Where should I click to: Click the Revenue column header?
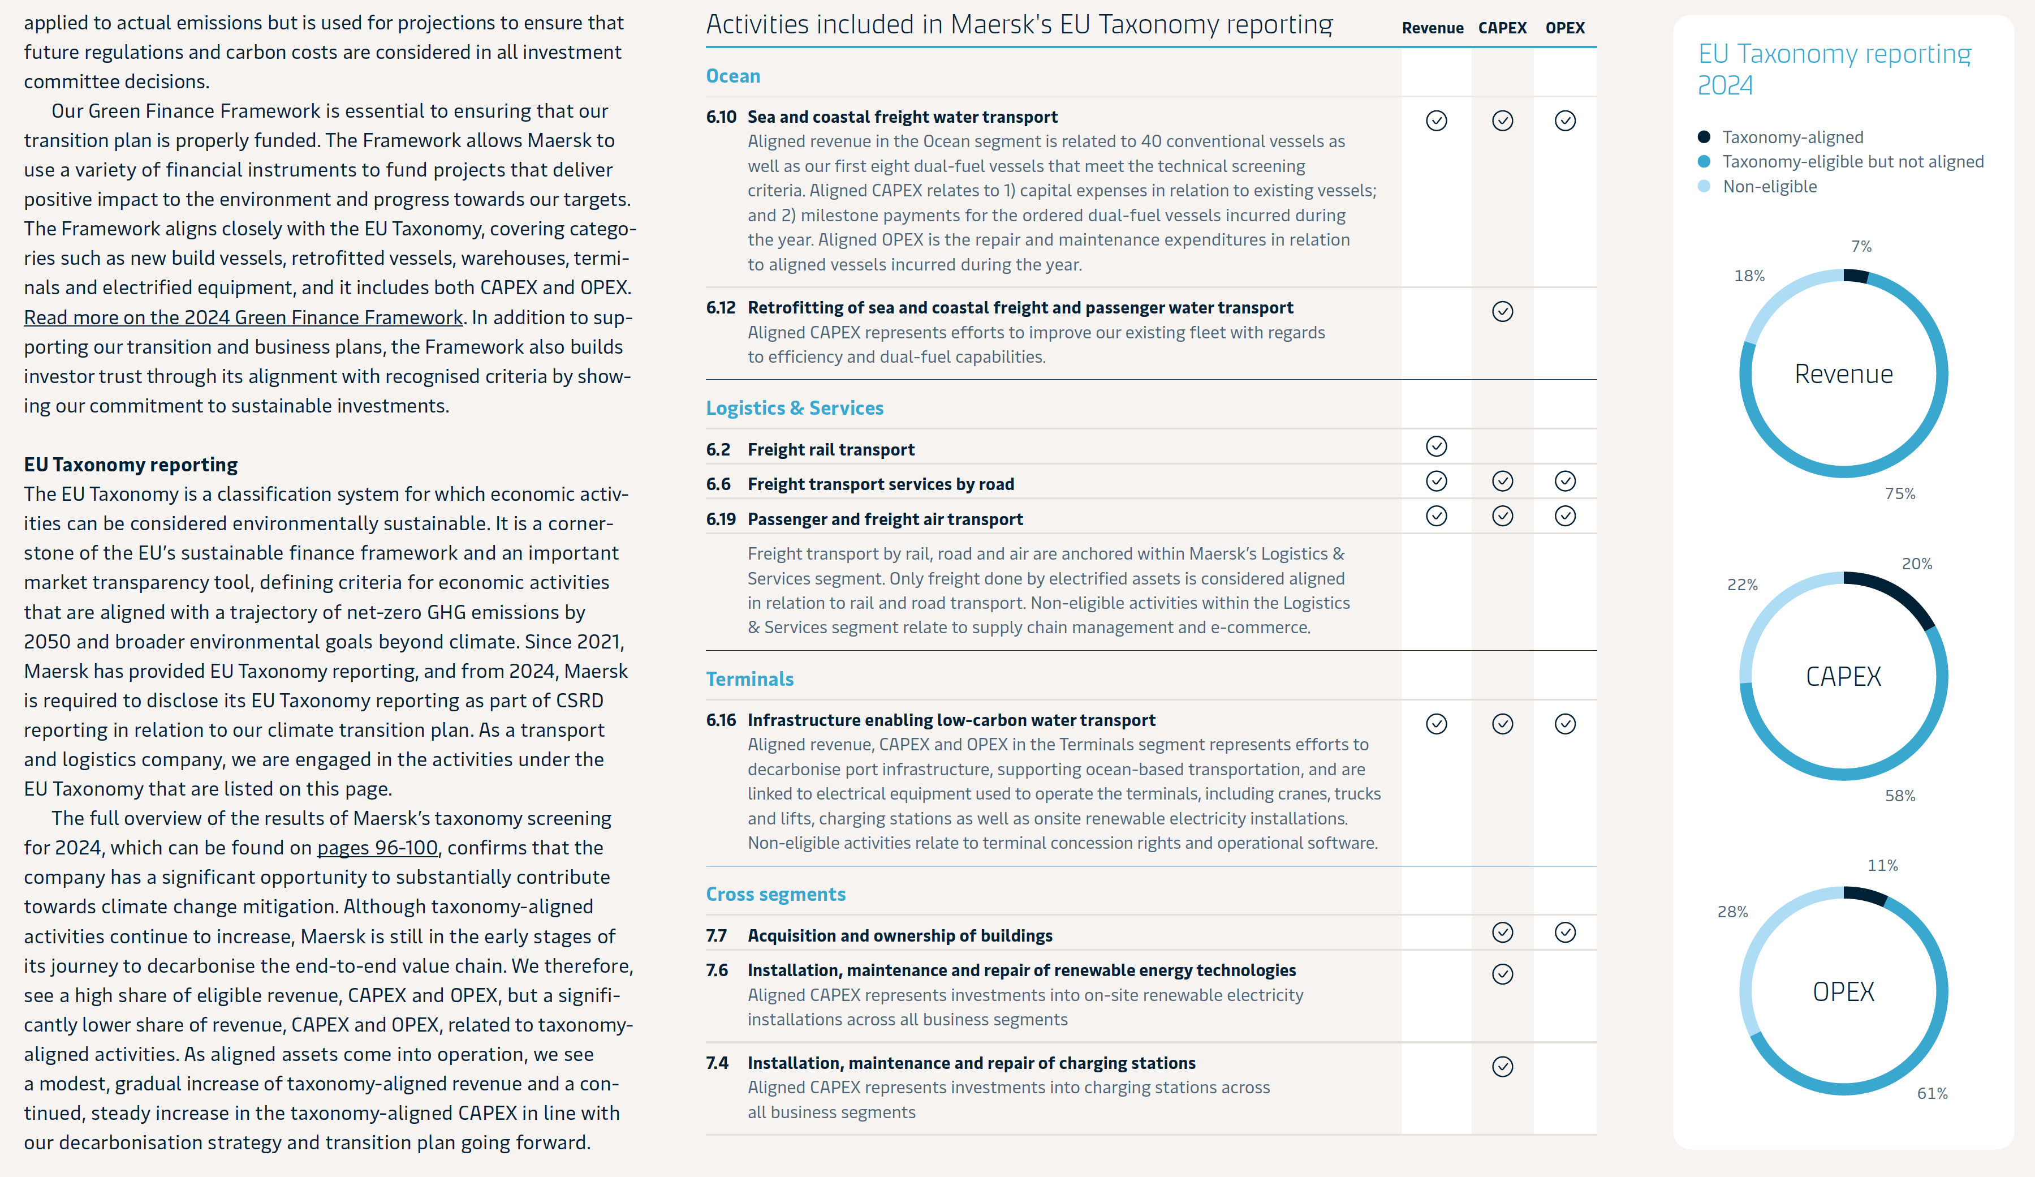click(1432, 28)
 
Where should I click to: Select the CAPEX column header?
click(1502, 28)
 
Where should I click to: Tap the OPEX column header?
click(1564, 28)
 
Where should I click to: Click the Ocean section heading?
click(732, 76)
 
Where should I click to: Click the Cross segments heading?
click(775, 894)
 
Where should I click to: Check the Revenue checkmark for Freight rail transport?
click(1436, 446)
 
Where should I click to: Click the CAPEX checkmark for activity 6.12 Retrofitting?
click(1502, 312)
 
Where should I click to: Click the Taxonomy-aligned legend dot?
click(1704, 138)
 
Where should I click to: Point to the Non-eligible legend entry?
click(1769, 187)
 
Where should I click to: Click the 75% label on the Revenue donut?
click(1899, 493)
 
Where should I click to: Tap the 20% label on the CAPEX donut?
click(1916, 564)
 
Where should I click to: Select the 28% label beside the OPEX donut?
click(1732, 912)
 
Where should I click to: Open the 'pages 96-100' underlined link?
click(377, 848)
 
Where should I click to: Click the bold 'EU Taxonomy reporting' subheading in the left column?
click(131, 465)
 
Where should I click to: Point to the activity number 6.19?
click(721, 519)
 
